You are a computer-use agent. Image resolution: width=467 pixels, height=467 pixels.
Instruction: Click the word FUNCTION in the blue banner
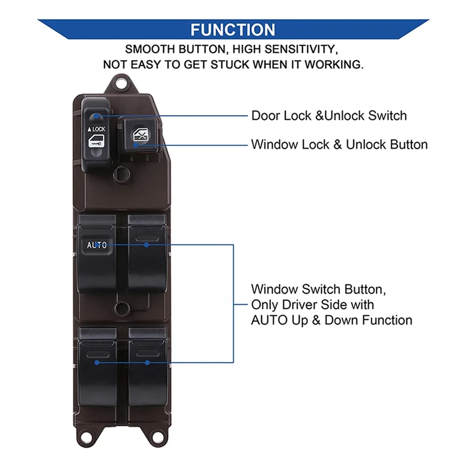(x=233, y=30)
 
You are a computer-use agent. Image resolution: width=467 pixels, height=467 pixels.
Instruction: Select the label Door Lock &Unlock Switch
(x=329, y=116)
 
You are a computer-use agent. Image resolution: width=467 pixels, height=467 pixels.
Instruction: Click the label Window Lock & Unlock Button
(x=339, y=144)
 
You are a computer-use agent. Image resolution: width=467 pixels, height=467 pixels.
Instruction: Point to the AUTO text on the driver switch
(x=97, y=245)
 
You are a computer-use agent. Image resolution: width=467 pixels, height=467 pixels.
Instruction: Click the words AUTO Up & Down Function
(x=332, y=320)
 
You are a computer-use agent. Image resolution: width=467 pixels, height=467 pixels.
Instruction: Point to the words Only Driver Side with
(x=312, y=305)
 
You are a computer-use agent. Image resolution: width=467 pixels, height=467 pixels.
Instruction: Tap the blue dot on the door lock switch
(x=96, y=116)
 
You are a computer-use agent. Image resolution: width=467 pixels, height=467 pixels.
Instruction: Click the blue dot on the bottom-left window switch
(x=97, y=363)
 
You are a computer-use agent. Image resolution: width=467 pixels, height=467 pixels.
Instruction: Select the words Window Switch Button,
(x=318, y=289)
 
